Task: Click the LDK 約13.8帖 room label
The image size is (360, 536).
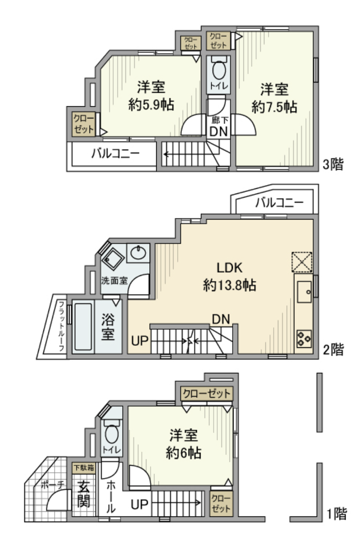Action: [230, 276]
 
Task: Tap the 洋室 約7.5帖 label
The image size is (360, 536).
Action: [274, 98]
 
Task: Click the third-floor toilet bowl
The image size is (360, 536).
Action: [218, 69]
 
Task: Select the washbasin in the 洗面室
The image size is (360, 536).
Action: [138, 253]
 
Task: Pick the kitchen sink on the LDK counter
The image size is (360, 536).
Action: [304, 292]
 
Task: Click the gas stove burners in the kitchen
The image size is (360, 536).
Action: [304, 339]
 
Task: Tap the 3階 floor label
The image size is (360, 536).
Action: [332, 165]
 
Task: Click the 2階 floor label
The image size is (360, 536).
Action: [333, 350]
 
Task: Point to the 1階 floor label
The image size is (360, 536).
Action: [337, 514]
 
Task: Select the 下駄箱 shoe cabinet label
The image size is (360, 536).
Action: [83, 467]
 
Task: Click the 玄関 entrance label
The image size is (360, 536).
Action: [83, 494]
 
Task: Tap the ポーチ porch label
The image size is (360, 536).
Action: [53, 484]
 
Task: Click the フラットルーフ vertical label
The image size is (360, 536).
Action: [62, 326]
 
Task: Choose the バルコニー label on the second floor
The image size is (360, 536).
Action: [279, 203]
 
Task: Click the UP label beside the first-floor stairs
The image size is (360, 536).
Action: [140, 504]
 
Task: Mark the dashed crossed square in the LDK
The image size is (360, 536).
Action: [302, 262]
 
